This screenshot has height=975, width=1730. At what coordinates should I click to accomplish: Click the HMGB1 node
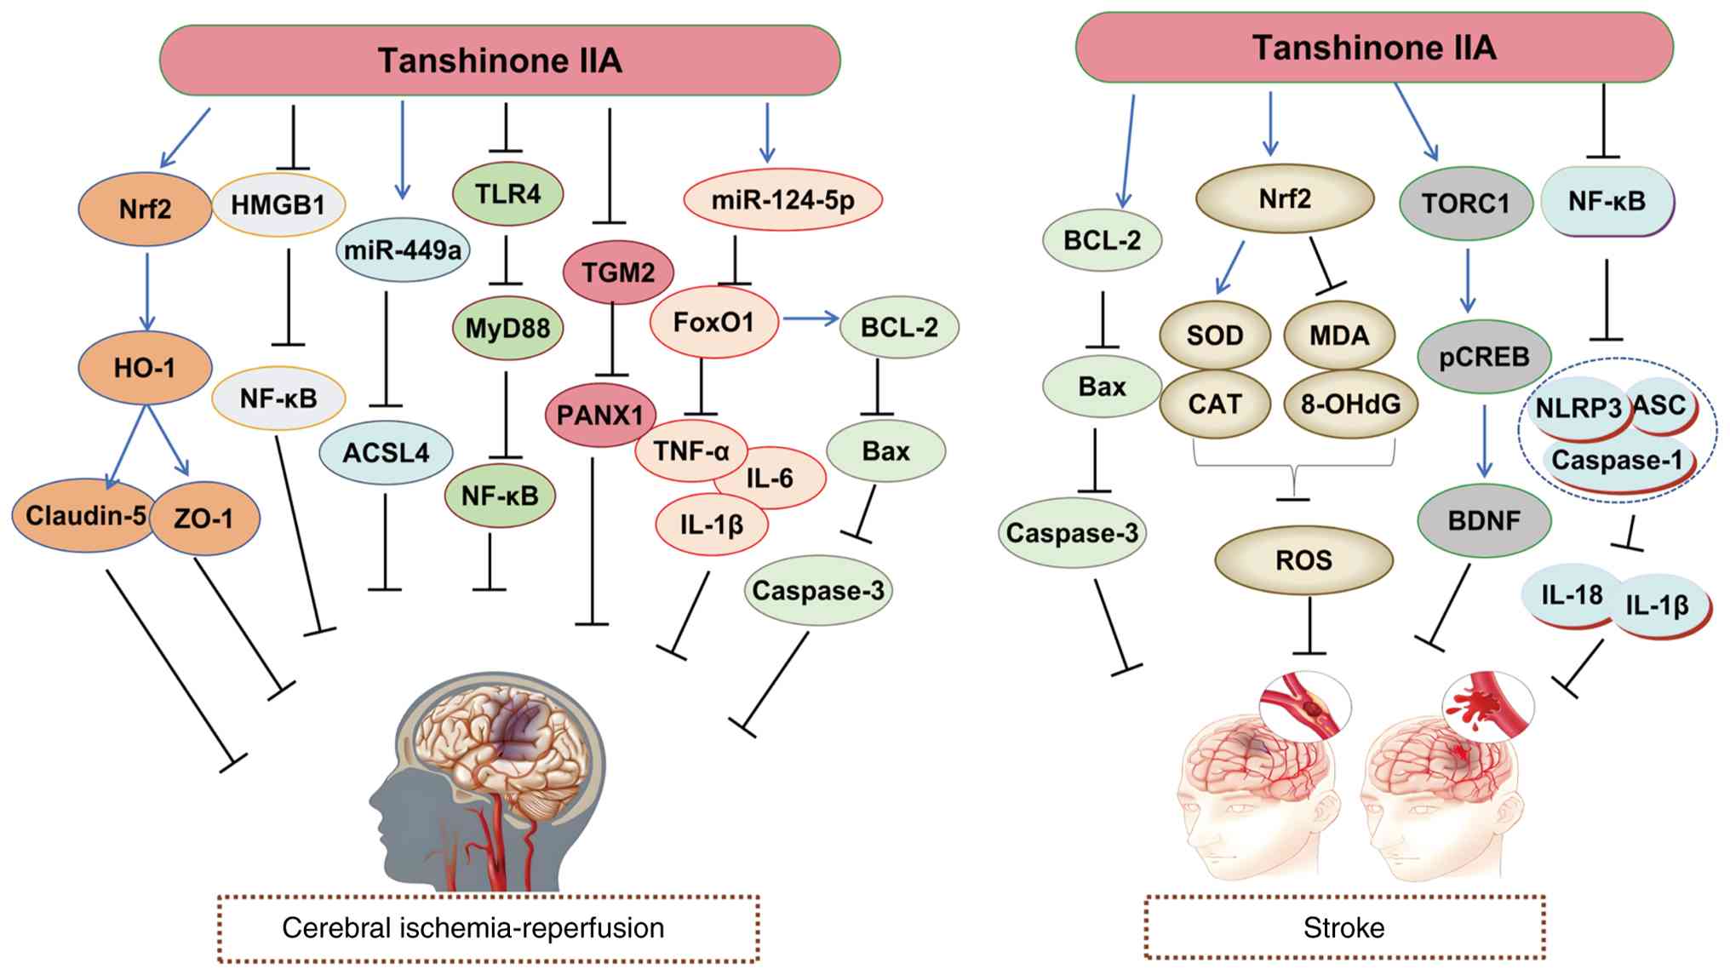pyautogui.click(x=278, y=205)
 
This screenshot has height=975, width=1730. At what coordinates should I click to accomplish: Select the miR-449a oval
pyautogui.click(x=403, y=250)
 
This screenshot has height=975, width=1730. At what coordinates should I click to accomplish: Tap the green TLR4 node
pyautogui.click(x=507, y=194)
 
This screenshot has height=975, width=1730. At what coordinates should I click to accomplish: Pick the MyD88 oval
pyautogui.click(x=507, y=328)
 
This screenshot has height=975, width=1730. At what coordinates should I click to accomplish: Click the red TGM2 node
pyautogui.click(x=618, y=272)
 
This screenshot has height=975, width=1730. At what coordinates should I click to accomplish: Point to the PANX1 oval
pyautogui.click(x=600, y=416)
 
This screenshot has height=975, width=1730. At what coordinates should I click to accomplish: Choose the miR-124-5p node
pyautogui.click(x=782, y=200)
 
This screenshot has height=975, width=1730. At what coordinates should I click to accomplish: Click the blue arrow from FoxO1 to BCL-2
pyautogui.click(x=811, y=319)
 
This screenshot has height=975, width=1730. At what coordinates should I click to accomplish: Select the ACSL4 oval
pyautogui.click(x=386, y=453)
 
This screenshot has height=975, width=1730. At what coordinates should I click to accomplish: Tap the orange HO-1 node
pyautogui.click(x=145, y=368)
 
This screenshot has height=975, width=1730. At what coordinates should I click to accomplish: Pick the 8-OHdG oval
pyautogui.click(x=1350, y=404)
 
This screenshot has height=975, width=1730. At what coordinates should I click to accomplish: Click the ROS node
pyautogui.click(x=1303, y=560)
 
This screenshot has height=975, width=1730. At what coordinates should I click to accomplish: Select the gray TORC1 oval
pyautogui.click(x=1465, y=204)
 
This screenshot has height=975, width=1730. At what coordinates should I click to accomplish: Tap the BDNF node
pyautogui.click(x=1484, y=520)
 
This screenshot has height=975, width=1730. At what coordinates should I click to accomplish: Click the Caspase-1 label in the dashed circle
pyautogui.click(x=1616, y=461)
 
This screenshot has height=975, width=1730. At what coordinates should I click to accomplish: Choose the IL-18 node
pyautogui.click(x=1572, y=594)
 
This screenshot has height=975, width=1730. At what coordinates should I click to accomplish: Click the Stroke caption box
pyautogui.click(x=1343, y=927)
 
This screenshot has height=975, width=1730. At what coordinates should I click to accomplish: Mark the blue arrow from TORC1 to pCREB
pyautogui.click(x=1468, y=281)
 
